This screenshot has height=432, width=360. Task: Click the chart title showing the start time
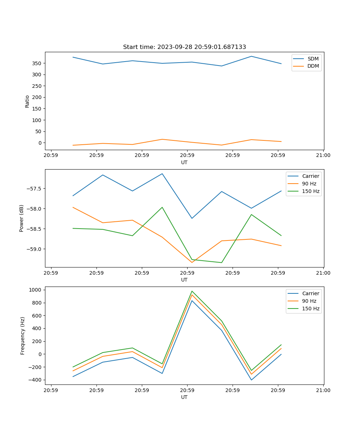pos(184,47)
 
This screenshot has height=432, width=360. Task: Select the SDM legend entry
pos(313,59)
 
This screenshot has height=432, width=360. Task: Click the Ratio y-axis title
pos(27,101)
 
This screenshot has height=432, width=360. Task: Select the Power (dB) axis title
pos(22,218)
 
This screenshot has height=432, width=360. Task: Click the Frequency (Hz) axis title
pos(23,336)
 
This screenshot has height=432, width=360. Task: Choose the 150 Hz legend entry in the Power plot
pos(310,192)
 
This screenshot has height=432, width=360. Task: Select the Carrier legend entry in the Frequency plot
pos(310,293)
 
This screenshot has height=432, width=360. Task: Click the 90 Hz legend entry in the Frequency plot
pos(309,301)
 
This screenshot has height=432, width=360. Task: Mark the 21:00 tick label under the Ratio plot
pos(323,156)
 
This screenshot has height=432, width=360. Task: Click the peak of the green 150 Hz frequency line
pos(192,291)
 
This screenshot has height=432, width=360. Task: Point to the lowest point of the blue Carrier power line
pos(192,218)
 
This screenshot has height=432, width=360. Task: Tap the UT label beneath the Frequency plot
pos(184,397)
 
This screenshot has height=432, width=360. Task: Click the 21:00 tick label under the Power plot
pos(323,273)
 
